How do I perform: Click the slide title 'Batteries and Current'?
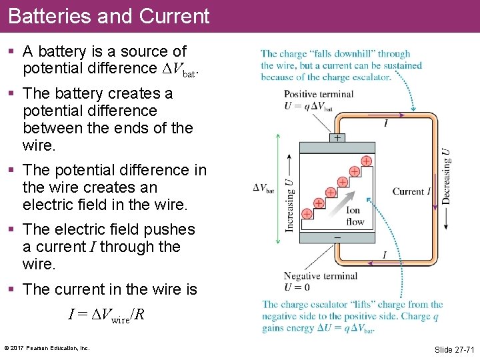tap(109, 16)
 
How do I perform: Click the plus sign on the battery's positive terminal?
tap(337, 138)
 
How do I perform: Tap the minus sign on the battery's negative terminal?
tap(337, 237)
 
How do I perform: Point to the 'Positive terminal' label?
tap(318, 94)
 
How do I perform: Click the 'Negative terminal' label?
tap(320, 276)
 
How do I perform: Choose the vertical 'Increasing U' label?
tap(289, 197)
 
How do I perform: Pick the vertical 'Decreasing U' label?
tap(445, 176)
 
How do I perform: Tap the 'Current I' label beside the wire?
tap(411, 191)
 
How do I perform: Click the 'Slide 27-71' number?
tap(454, 349)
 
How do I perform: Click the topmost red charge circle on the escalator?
tap(366, 161)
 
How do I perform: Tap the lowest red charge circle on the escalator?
tap(307, 214)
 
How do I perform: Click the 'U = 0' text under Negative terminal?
tap(297, 287)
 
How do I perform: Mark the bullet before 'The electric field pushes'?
tap(12, 230)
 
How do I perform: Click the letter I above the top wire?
tap(386, 123)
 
